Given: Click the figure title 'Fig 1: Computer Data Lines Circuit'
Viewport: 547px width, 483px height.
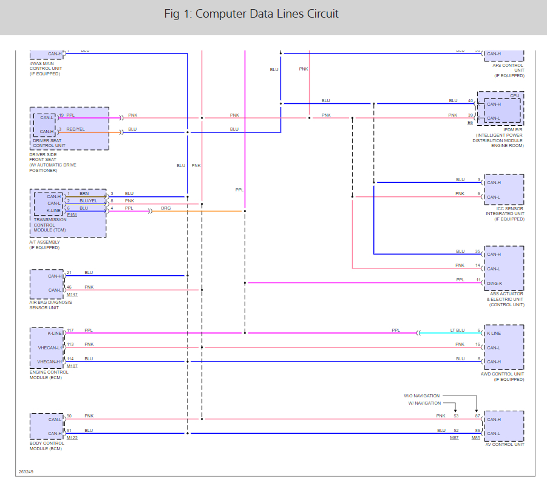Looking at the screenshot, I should coord(251,14).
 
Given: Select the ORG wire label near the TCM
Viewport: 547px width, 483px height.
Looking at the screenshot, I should coord(166,208).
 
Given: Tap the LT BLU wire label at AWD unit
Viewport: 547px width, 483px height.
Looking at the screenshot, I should coord(457,330).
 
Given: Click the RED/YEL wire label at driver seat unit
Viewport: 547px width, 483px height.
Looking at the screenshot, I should coord(76,129).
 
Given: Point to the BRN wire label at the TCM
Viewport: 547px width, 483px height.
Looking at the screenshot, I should coord(84,193).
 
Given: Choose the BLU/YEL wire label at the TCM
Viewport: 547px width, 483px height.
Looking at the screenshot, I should coord(88,200).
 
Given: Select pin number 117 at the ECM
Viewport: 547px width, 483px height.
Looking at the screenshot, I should coord(70,330).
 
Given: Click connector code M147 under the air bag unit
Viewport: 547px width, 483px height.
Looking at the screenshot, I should coord(72,295).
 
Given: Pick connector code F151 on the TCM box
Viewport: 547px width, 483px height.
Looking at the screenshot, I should coord(72,214).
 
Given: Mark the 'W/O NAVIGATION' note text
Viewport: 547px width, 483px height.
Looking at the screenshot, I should coord(423,396).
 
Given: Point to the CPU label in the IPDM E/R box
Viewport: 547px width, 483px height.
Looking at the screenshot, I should coord(514,95).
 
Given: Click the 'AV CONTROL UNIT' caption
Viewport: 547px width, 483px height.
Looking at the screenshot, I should coord(505,444).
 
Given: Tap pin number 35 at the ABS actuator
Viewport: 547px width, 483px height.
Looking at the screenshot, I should coord(478,251).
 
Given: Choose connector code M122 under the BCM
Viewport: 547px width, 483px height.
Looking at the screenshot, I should coord(72,437).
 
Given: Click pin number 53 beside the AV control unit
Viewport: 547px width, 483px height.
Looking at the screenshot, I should coord(456,416).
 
